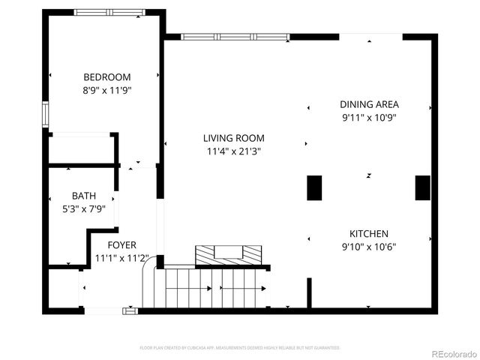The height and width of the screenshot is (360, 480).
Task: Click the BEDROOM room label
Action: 106,77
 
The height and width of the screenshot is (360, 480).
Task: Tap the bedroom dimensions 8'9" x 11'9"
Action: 106,90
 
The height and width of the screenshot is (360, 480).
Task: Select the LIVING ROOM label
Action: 234,138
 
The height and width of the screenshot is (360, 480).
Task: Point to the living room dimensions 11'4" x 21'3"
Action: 234,151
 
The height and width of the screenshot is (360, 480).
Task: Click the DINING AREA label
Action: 369,104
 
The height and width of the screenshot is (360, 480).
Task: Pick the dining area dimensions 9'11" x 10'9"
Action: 369,117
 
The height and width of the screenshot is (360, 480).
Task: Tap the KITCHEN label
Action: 369,233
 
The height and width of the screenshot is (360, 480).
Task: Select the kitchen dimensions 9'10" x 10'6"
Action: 369,247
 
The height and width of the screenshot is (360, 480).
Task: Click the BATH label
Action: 84,196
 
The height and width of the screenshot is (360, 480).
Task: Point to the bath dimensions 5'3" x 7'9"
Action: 84,208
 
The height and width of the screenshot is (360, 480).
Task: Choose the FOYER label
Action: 121,245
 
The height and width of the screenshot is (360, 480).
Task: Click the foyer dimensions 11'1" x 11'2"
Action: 121,259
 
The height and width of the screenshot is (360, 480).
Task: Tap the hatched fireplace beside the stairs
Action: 229,255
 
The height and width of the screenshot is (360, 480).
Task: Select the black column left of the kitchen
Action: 314,187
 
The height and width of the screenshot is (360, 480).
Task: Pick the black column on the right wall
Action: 422,187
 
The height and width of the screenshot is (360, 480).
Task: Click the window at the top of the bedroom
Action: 109,13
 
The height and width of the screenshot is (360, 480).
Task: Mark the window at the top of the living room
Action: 235,36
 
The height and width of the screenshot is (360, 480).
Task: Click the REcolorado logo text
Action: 452,354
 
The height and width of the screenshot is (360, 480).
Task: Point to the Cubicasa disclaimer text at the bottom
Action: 240,348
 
